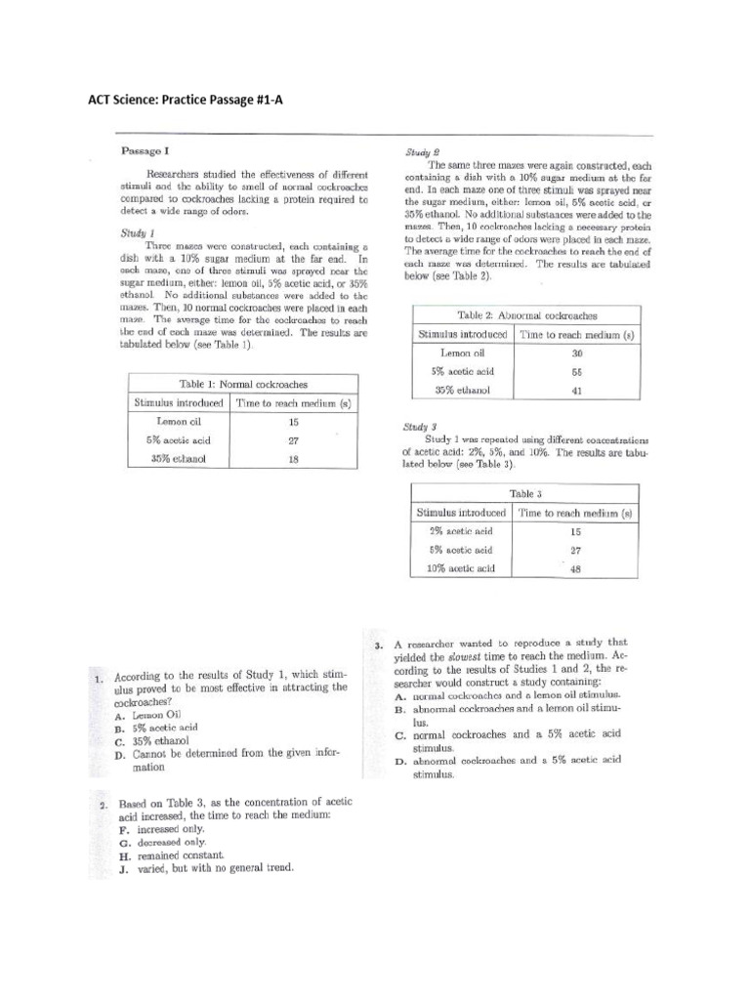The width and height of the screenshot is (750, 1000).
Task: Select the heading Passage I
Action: [x=146, y=151]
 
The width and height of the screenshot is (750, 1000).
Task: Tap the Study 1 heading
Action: [x=139, y=233]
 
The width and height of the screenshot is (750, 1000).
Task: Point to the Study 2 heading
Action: [x=422, y=153]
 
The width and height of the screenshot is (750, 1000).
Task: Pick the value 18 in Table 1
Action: [x=292, y=459]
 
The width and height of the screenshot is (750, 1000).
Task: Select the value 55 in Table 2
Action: [x=577, y=372]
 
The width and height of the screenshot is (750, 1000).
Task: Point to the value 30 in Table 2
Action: [x=577, y=354]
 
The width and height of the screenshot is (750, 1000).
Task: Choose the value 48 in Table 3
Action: [x=575, y=568]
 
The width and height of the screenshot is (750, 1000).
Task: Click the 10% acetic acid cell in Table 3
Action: [x=462, y=568]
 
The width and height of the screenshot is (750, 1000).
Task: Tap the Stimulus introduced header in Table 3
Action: [x=461, y=513]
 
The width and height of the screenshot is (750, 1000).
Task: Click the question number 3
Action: [x=378, y=646]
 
